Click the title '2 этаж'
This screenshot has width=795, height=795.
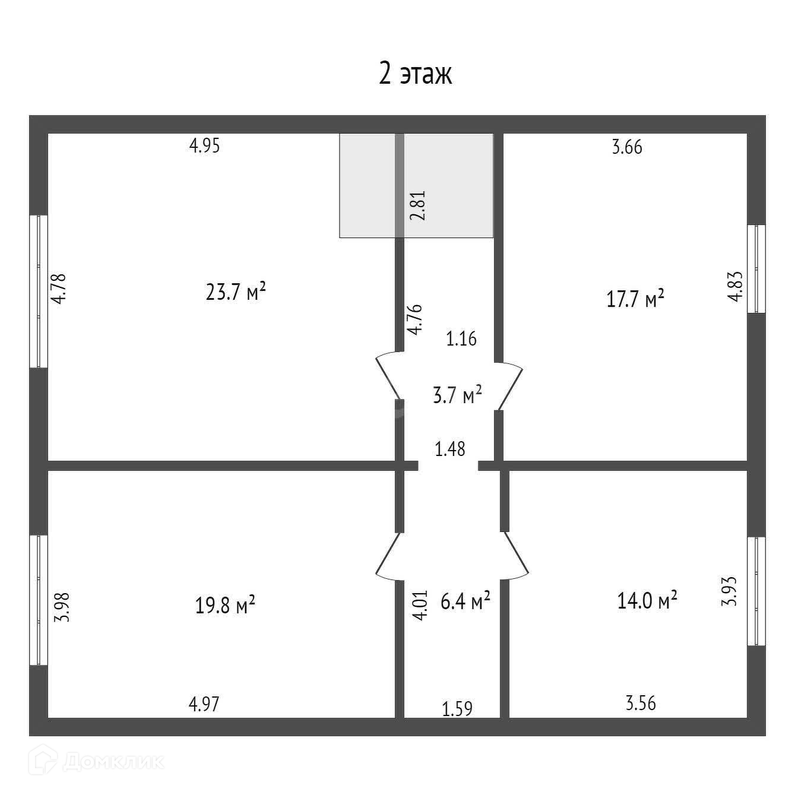coord(415,74)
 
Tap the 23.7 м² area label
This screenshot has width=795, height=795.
coord(236,292)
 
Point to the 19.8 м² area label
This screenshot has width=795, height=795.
coord(225,604)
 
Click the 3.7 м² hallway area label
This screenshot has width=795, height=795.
coord(457,394)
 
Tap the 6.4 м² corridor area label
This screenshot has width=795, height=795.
coord(465,601)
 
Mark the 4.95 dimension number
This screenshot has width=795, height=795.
coord(205,145)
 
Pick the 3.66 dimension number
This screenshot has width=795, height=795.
coord(627,147)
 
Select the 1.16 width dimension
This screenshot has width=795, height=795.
coord(461,338)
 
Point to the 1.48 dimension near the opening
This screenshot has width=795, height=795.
coord(450,449)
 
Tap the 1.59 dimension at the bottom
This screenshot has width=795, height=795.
coord(457,710)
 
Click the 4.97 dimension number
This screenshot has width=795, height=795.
coord(204,704)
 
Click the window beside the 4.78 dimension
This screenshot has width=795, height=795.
coord(39,292)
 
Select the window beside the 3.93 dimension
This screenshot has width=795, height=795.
coord(756,591)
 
